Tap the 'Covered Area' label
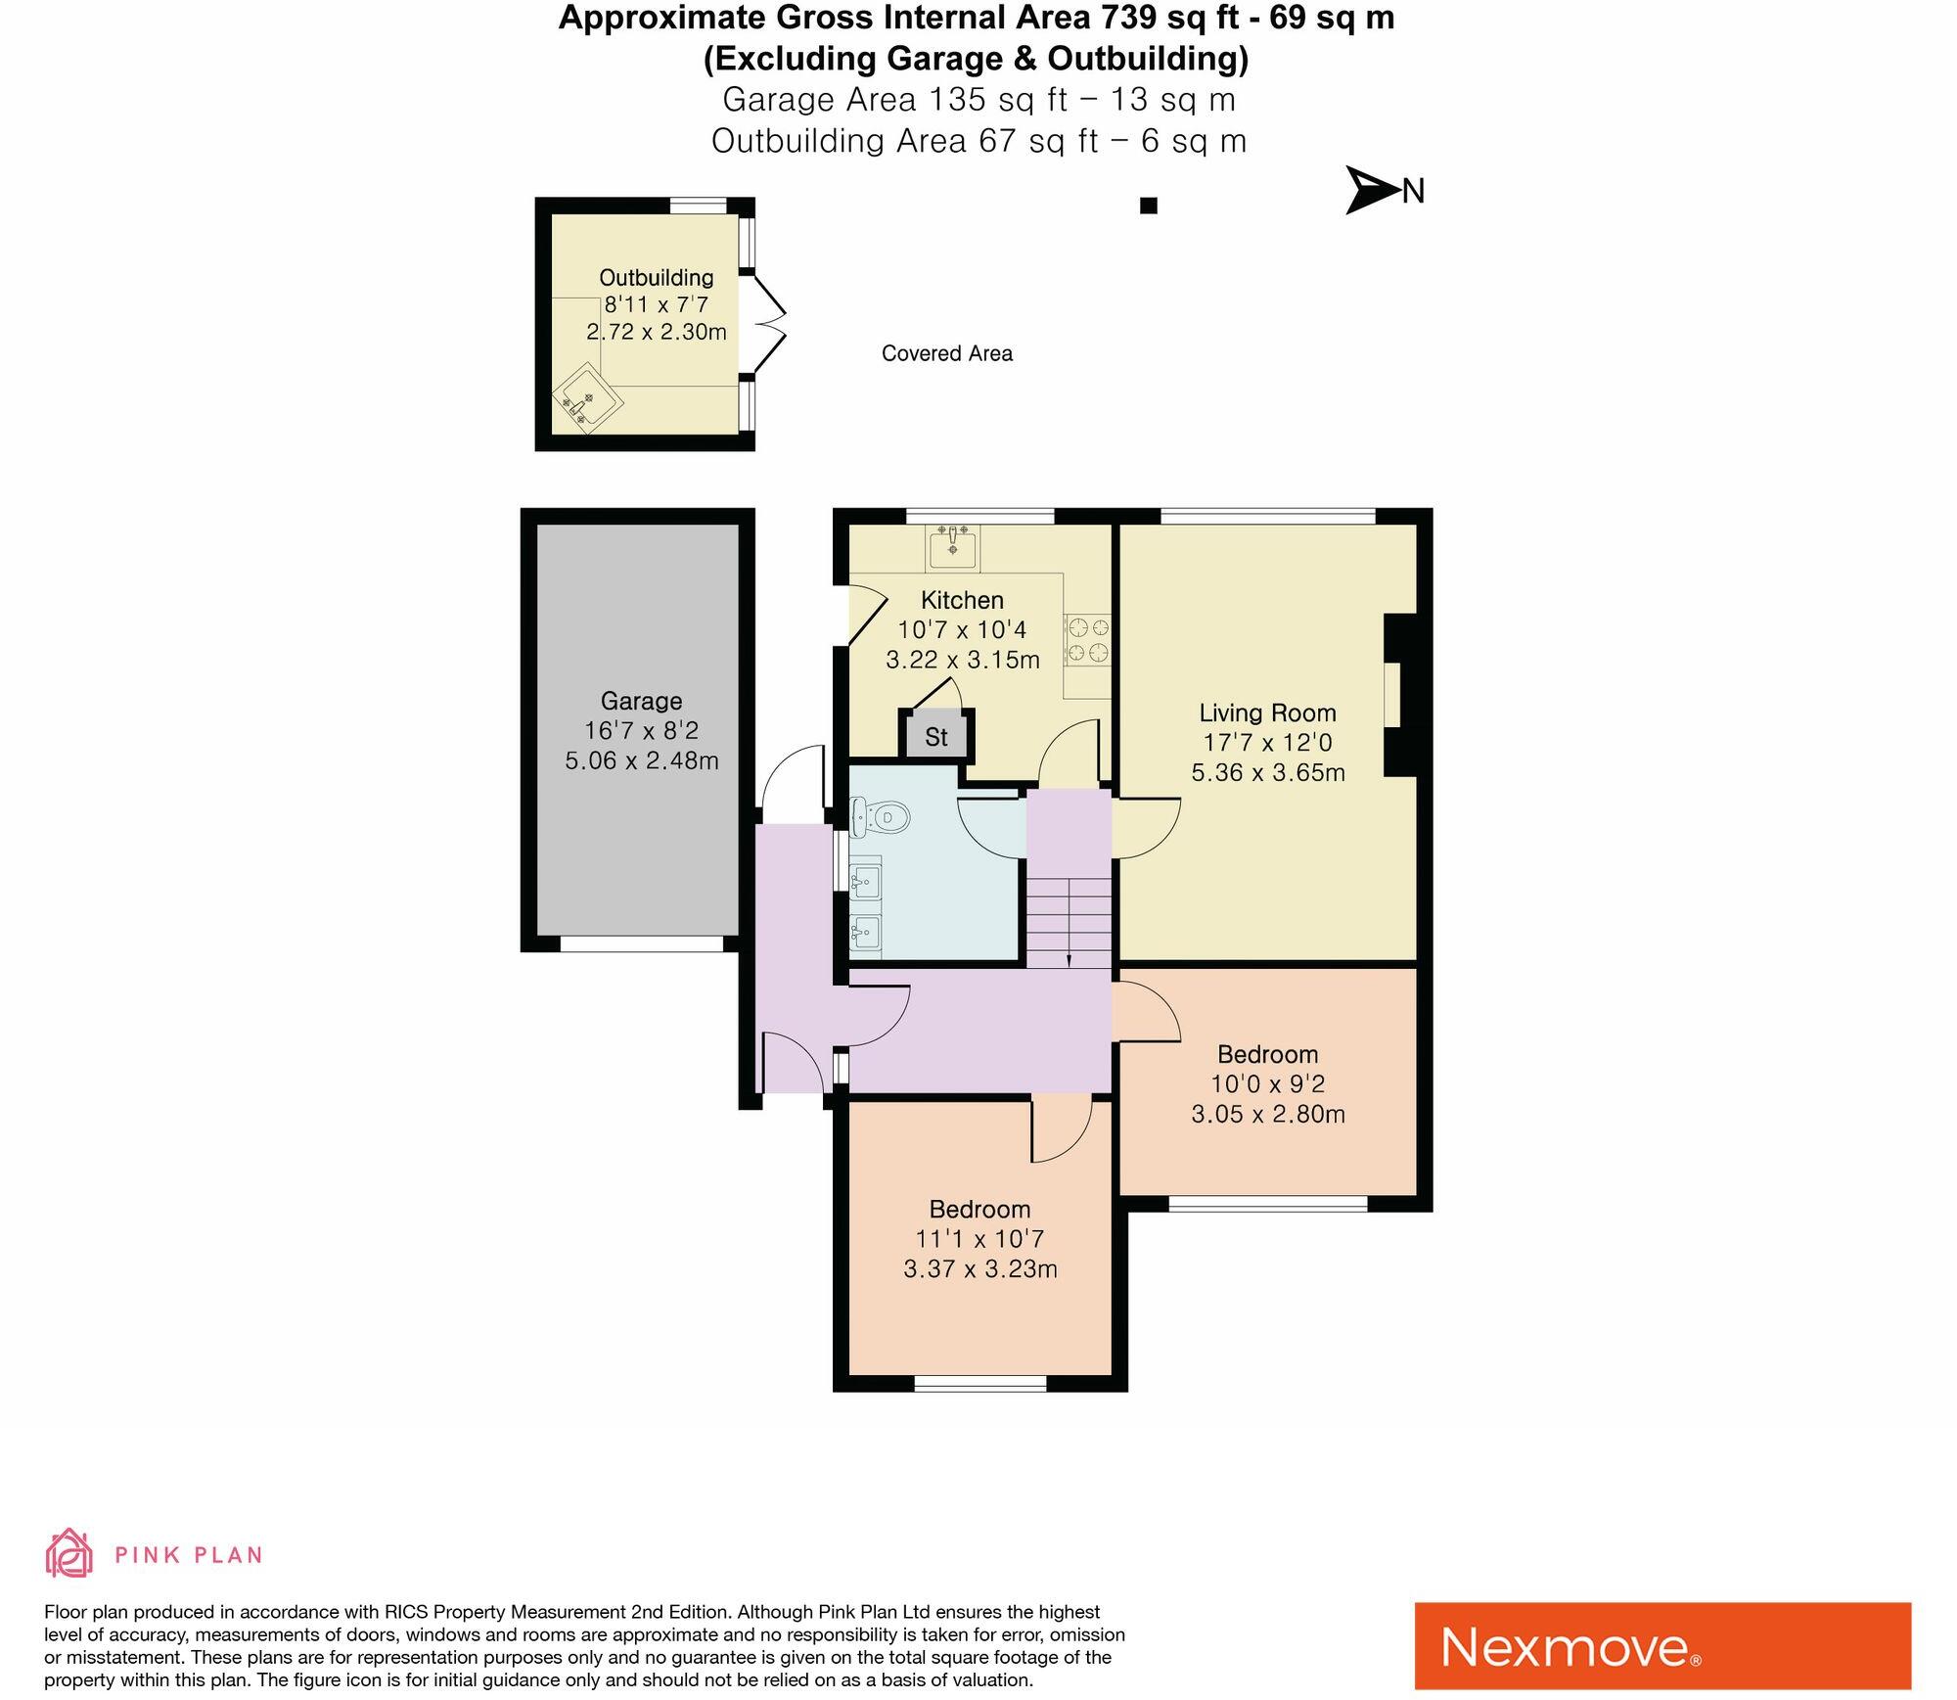[x=946, y=353]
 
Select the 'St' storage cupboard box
[x=936, y=736]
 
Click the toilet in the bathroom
[x=880, y=817]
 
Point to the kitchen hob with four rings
[x=1088, y=639]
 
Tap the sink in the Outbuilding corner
[x=588, y=399]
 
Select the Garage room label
[x=641, y=701]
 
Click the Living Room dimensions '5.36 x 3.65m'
[x=1267, y=772]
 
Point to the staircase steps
[x=1069, y=920]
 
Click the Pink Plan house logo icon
[x=69, y=1553]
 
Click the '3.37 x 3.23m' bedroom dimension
[x=979, y=1269]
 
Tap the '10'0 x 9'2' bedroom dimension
[x=1267, y=1083]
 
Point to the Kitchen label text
[x=962, y=600]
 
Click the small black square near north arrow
[x=1149, y=206]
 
